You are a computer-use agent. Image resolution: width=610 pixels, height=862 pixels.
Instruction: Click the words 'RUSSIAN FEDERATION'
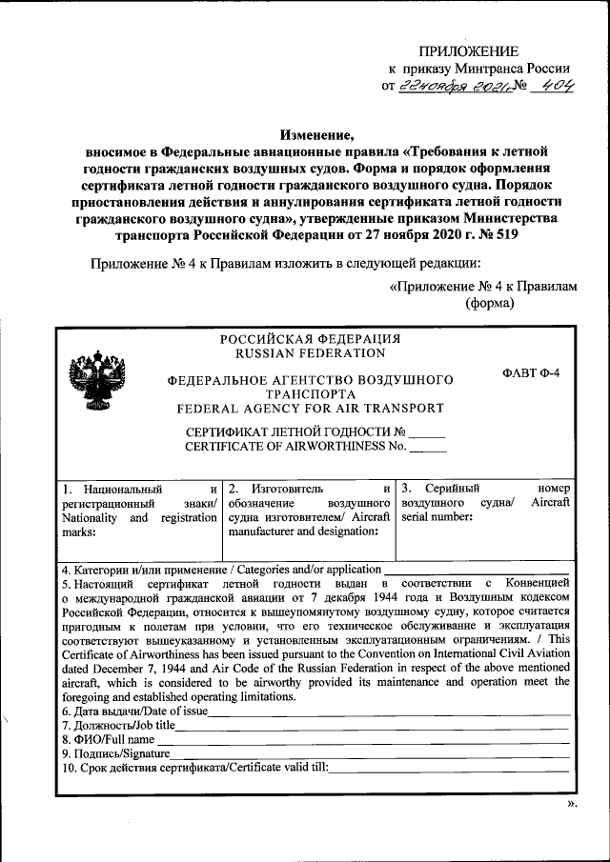point(309,353)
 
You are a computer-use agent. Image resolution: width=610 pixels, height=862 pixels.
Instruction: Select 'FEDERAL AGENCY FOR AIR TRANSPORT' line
point(309,409)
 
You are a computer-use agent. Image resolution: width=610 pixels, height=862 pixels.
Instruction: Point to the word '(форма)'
point(490,304)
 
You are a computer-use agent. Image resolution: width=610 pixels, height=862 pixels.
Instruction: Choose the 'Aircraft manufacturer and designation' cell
point(311,511)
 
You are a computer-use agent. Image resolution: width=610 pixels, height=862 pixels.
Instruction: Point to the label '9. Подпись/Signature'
point(115,753)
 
